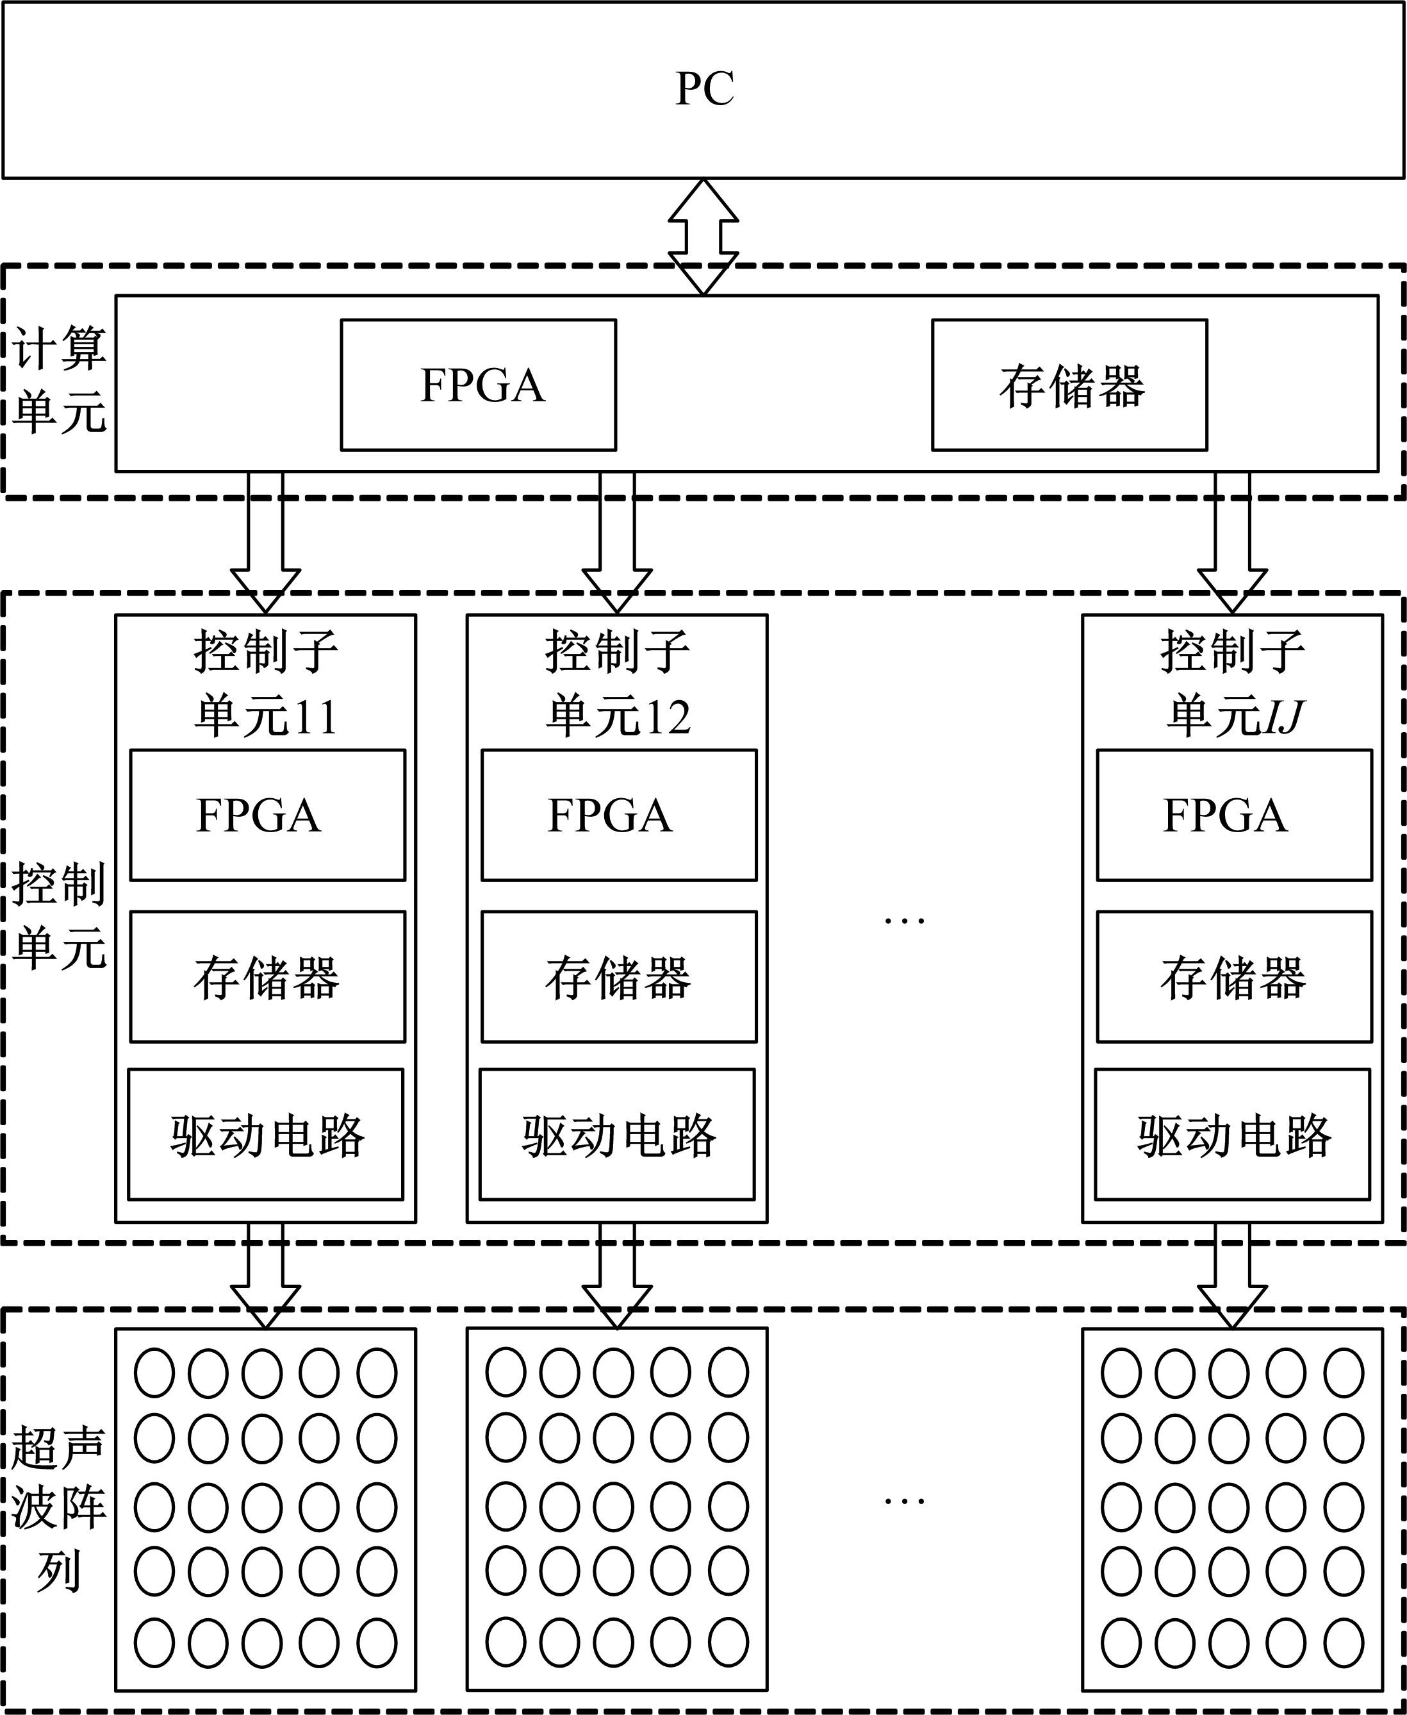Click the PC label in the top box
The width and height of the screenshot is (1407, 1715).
pyautogui.click(x=704, y=88)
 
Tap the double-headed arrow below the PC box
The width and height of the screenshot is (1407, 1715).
pyautogui.click(x=703, y=236)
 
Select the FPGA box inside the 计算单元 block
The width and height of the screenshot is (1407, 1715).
pyautogui.click(x=478, y=385)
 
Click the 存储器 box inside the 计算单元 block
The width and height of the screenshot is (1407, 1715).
pyautogui.click(x=1069, y=385)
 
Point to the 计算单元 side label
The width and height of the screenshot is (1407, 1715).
pyautogui.click(x=59, y=380)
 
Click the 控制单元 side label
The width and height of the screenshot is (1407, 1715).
pyautogui.click(x=59, y=916)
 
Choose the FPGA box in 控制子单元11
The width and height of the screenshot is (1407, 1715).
pyautogui.click(x=267, y=815)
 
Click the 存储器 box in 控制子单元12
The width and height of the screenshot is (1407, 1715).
pyautogui.click(x=618, y=976)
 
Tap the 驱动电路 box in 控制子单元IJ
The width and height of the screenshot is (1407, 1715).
pyautogui.click(x=1233, y=1134)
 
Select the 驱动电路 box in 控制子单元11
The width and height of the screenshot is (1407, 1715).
pyautogui.click(x=266, y=1134)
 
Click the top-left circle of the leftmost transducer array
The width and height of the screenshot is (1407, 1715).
pyautogui.click(x=154, y=1373)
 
